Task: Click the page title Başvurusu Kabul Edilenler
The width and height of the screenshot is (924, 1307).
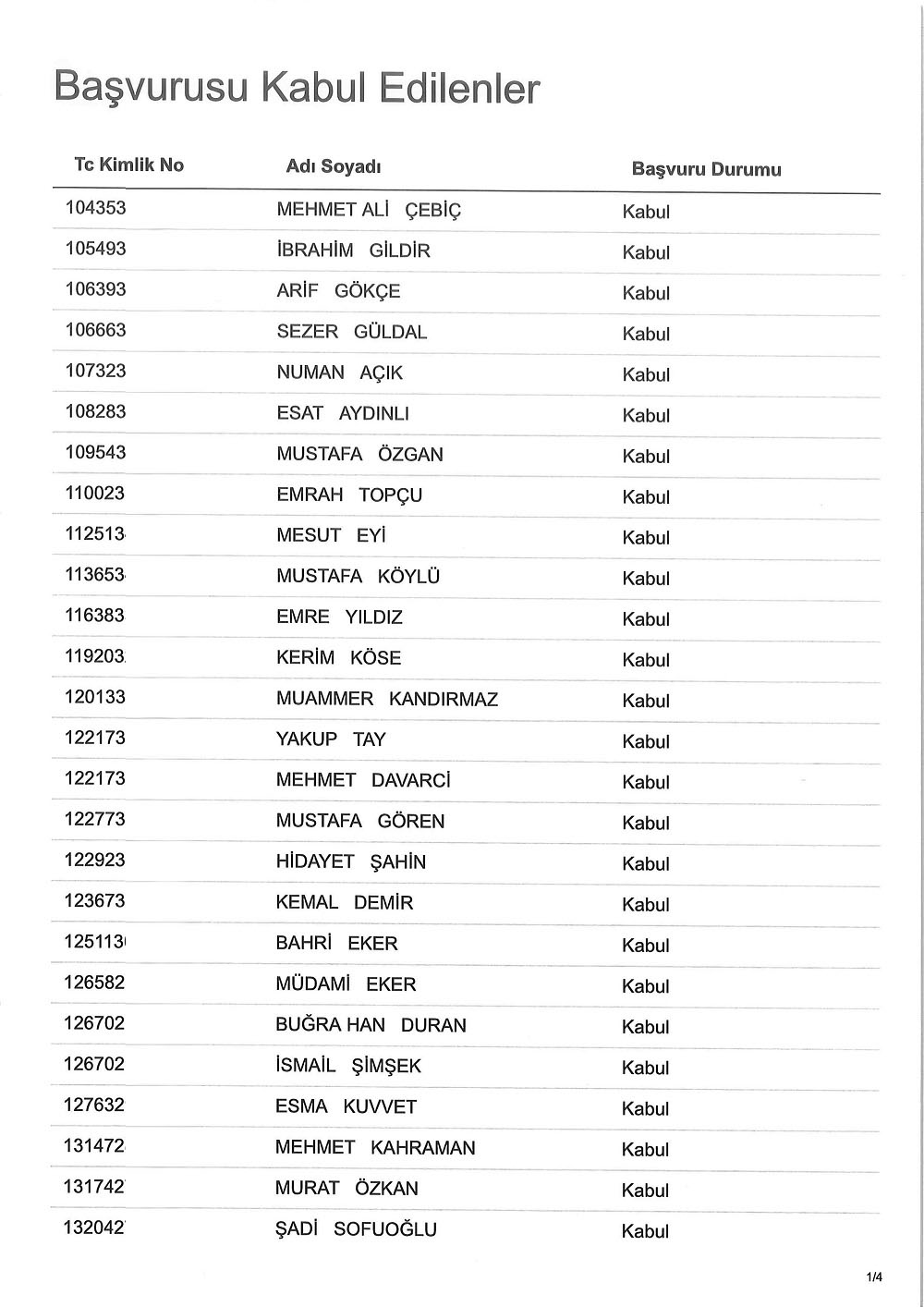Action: [x=297, y=89]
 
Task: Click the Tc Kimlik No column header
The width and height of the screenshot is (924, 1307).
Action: [x=128, y=165]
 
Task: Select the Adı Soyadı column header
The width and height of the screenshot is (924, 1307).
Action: [x=334, y=166]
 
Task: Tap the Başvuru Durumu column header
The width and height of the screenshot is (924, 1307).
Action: [x=706, y=169]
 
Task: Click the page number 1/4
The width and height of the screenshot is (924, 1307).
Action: [x=874, y=1277]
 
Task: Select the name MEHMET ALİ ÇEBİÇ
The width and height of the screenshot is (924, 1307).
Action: [x=369, y=210]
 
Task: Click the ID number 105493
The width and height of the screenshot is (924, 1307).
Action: [x=95, y=249]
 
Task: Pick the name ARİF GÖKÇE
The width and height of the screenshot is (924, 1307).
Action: [x=338, y=291]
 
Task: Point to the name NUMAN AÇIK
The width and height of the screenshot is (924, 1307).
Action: [x=339, y=373]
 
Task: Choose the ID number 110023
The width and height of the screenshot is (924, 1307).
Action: [x=94, y=493]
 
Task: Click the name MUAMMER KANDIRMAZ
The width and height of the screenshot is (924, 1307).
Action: [x=386, y=699]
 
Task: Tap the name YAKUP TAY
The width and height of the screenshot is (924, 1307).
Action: [x=331, y=739]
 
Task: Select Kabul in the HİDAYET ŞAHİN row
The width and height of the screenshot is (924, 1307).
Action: [x=646, y=863]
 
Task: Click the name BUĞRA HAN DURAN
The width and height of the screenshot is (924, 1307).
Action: [x=371, y=1025]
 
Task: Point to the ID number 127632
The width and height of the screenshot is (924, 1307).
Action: [x=94, y=1105]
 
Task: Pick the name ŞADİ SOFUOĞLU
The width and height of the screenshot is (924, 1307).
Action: [x=356, y=1229]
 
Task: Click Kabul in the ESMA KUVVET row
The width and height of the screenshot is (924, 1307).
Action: [x=646, y=1108]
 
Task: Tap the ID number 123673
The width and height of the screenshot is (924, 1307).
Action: [x=94, y=900]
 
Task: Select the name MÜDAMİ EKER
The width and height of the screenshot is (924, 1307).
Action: [x=346, y=984]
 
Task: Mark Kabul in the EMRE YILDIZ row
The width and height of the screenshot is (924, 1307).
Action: [x=646, y=619]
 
